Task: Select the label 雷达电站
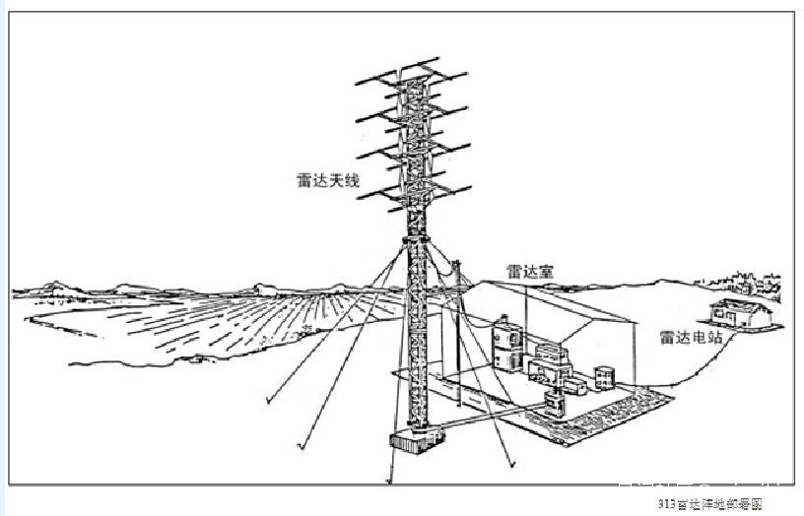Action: [687, 337]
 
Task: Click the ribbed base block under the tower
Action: [411, 444]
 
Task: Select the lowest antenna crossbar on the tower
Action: [414, 192]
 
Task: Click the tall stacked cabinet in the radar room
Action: [505, 340]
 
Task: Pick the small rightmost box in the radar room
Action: [603, 377]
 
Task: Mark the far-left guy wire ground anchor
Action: [269, 402]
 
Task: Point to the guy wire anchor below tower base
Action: [390, 482]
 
